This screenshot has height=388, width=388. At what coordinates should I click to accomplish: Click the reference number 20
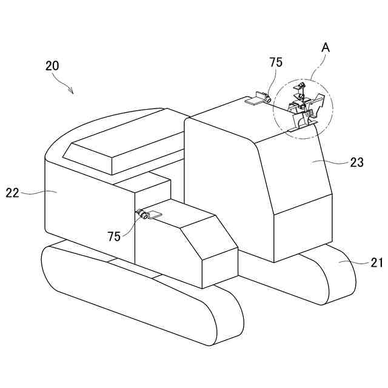tap(52, 66)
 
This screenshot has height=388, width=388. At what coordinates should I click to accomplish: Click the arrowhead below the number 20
tap(72, 92)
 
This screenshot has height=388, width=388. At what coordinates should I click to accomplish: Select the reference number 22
tap(13, 193)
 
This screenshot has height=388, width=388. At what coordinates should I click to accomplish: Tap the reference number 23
tap(356, 162)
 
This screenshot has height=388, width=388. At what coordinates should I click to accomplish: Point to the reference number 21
tap(377, 262)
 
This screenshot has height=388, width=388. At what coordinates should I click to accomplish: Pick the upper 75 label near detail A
tap(276, 62)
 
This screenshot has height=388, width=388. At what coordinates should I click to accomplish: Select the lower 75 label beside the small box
tap(114, 236)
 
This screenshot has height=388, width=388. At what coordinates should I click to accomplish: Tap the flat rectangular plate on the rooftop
tap(253, 102)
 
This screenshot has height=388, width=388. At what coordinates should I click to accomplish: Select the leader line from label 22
tap(36, 192)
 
